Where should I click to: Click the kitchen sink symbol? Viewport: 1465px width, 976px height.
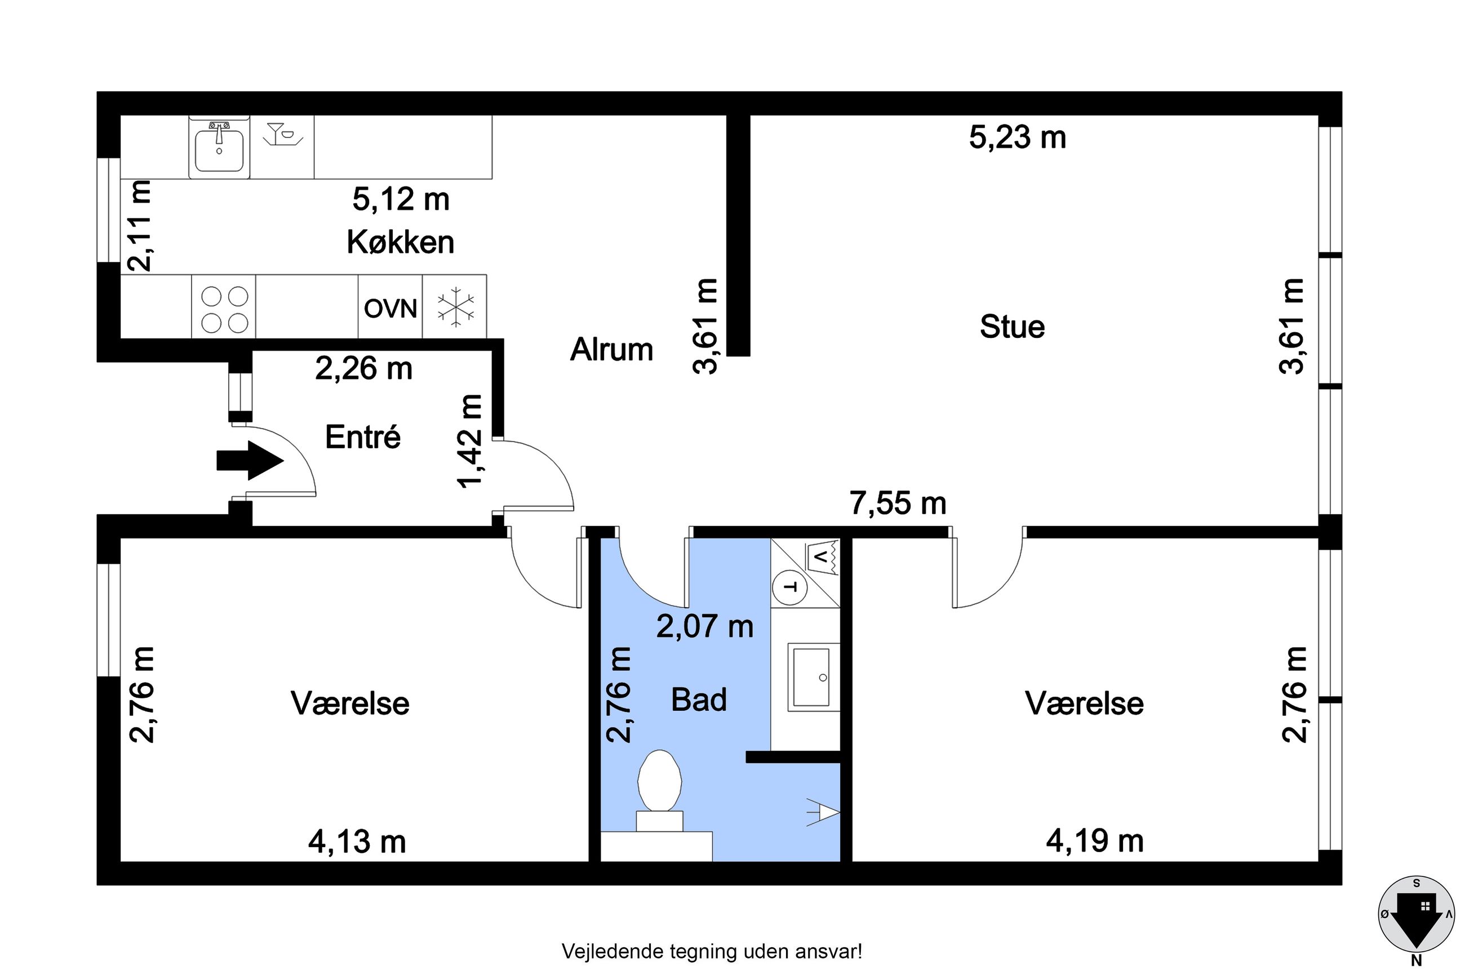click(x=219, y=148)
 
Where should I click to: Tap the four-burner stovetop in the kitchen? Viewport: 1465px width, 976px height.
click(x=225, y=309)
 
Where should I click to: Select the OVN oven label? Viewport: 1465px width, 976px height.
click(x=390, y=309)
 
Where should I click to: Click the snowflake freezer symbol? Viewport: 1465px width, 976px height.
click(x=456, y=307)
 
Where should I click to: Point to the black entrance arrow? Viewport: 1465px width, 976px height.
click(x=250, y=461)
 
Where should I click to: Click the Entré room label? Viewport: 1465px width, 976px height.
click(x=363, y=436)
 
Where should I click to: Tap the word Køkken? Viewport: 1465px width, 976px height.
click(x=400, y=242)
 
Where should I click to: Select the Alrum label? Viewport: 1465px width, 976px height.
click(x=611, y=349)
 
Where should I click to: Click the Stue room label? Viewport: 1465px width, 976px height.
click(x=1013, y=327)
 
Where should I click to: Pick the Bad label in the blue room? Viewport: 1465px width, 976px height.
click(x=699, y=699)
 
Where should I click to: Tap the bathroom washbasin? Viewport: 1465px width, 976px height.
click(x=812, y=677)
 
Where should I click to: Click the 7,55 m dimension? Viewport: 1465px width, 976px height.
click(x=898, y=503)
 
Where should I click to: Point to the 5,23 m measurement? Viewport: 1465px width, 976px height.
click(x=1018, y=137)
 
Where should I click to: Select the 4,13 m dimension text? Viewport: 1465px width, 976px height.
click(x=357, y=842)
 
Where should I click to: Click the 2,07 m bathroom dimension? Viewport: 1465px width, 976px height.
click(x=705, y=626)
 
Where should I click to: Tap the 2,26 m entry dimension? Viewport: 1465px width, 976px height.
click(x=363, y=368)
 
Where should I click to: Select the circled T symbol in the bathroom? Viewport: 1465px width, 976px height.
click(x=789, y=587)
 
